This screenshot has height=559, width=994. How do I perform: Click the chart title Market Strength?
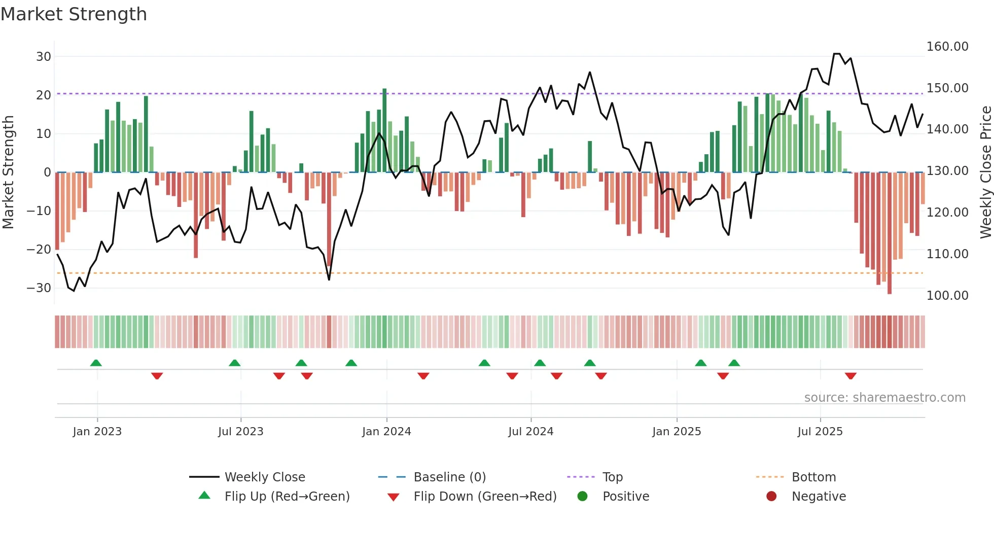click(x=74, y=14)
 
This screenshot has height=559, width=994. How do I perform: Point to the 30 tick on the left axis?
click(x=44, y=57)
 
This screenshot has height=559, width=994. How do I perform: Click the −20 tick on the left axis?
click(x=39, y=250)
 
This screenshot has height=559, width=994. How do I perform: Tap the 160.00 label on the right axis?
click(x=947, y=47)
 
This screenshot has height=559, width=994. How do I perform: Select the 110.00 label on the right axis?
click(x=947, y=254)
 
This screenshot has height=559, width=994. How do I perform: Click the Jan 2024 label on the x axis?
click(x=386, y=432)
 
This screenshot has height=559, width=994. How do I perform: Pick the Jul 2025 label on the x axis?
click(x=820, y=432)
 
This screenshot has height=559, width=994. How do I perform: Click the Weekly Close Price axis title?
click(x=985, y=172)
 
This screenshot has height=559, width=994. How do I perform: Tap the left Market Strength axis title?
click(x=8, y=172)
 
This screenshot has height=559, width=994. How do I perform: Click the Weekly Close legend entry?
click(x=264, y=477)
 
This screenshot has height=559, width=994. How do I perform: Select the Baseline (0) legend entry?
click(x=449, y=477)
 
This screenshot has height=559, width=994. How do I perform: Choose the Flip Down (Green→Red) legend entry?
click(x=484, y=497)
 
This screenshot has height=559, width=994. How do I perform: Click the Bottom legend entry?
click(x=813, y=477)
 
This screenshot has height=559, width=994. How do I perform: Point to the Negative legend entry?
click(x=819, y=497)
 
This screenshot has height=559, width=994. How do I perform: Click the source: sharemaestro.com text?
click(x=884, y=398)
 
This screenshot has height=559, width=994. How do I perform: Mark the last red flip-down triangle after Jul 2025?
click(x=850, y=376)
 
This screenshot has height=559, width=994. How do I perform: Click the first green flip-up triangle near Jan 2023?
click(x=96, y=363)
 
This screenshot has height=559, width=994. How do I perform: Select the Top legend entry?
click(x=612, y=477)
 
